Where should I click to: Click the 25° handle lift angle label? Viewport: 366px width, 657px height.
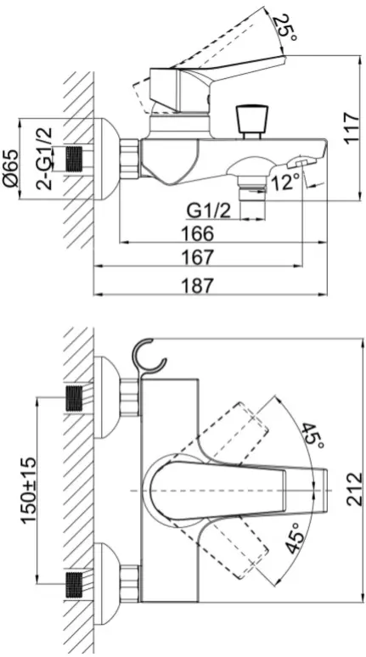(x=286, y=29)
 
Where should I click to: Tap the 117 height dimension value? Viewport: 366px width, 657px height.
(x=352, y=128)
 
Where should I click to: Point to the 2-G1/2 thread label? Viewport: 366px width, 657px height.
(x=44, y=159)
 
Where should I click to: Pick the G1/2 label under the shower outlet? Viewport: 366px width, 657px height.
(x=209, y=211)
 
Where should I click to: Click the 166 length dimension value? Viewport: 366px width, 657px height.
(x=197, y=233)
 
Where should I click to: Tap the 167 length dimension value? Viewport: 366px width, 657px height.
(x=197, y=257)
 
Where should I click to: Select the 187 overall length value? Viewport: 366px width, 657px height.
(x=197, y=286)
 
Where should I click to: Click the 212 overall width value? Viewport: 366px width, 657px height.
(x=355, y=489)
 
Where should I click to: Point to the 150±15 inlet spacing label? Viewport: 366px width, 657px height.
(x=30, y=490)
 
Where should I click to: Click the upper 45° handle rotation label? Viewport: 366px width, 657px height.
(x=313, y=436)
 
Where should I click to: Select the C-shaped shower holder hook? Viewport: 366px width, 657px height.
(x=149, y=357)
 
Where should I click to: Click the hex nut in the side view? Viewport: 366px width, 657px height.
(x=129, y=158)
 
